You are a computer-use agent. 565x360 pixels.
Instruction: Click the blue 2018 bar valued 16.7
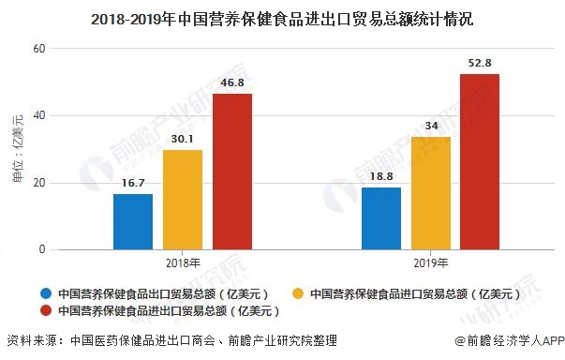click(133, 222)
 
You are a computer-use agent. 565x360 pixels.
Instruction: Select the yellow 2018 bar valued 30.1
click(183, 200)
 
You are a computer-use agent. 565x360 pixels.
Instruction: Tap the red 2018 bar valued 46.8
click(231, 172)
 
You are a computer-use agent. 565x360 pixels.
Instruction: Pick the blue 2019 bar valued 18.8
click(381, 218)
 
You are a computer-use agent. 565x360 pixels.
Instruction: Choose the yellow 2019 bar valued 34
click(431, 193)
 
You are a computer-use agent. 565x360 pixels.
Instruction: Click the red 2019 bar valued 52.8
click(480, 161)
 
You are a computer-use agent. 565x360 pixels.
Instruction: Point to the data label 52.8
click(480, 64)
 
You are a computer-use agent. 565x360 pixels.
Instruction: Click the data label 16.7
click(133, 185)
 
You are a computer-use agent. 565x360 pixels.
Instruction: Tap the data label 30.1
click(183, 140)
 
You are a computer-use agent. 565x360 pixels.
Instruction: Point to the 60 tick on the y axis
click(38, 49)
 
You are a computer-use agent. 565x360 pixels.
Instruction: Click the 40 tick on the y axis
click(38, 116)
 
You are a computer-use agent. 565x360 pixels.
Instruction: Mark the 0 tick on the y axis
click(41, 250)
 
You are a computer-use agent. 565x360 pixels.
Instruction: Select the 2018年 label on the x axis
click(183, 263)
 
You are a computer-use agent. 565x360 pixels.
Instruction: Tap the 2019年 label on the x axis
click(431, 263)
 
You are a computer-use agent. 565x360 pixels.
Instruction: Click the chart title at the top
click(282, 18)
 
